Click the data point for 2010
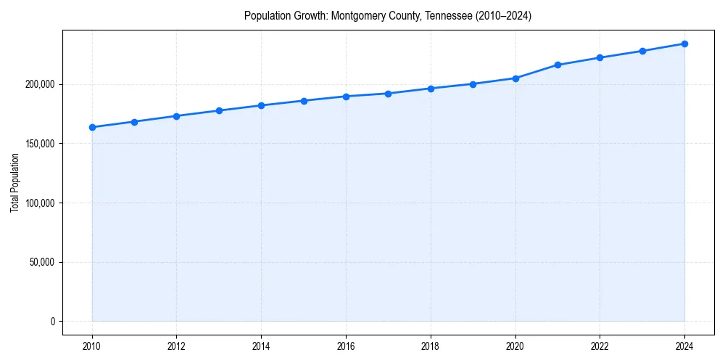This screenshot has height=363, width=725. click(92, 127)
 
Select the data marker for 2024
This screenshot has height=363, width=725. click(684, 44)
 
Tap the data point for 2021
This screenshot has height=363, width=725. click(558, 65)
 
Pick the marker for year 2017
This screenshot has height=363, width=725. click(389, 94)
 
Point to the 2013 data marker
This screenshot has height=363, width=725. click(219, 110)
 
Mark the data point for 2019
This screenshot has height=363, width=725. click(473, 84)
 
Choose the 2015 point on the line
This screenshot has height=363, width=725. click(304, 101)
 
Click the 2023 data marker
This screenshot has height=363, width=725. click(642, 51)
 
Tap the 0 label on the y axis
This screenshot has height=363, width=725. click(53, 321)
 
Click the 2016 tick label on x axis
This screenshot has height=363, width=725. click(346, 346)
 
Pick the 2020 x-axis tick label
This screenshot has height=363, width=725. click(515, 346)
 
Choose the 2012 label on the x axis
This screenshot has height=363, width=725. click(177, 346)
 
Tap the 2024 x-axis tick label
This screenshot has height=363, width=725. click(684, 346)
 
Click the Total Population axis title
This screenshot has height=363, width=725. click(14, 182)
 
